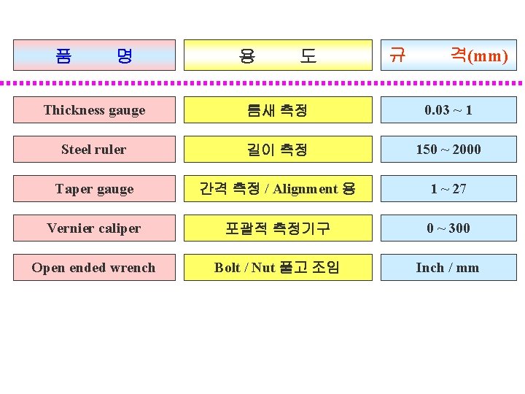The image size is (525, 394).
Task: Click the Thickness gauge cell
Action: coord(94,110)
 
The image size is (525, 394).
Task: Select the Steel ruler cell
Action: coord(94,150)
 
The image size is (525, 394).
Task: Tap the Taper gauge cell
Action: coord(94,189)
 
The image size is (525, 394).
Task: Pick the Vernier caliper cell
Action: coord(94,228)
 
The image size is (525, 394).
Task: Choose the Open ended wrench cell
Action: coord(94,268)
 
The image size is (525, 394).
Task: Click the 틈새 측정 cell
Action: coord(277,110)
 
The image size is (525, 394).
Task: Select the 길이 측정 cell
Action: coord(277,150)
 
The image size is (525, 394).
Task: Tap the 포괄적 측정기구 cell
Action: coord(277,228)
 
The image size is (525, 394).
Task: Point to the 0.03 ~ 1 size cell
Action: coord(448,110)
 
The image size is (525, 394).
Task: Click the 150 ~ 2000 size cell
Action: coord(448,150)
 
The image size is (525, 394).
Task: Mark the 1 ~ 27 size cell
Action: coord(448,189)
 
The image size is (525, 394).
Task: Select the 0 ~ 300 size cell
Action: coord(448,228)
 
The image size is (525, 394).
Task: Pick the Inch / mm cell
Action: coord(448,268)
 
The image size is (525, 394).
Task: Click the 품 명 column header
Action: coord(94,55)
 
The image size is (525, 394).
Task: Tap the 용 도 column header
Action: coord(277,55)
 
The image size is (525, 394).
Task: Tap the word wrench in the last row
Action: coord(131,268)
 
